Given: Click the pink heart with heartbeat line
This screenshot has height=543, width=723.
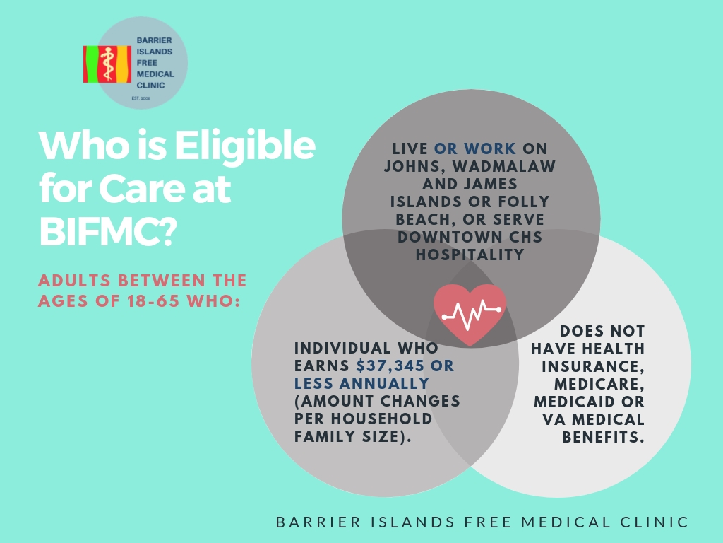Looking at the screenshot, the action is click(x=470, y=315).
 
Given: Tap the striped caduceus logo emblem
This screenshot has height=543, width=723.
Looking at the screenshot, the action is click(x=107, y=64).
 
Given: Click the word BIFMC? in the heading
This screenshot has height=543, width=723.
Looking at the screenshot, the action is click(x=108, y=231).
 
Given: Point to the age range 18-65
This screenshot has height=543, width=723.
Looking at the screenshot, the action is click(x=153, y=300).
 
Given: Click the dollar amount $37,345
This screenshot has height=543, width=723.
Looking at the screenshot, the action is click(x=390, y=366).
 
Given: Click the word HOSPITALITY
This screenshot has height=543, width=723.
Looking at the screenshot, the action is click(x=470, y=255).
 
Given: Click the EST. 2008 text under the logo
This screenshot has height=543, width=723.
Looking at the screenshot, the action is click(x=141, y=98).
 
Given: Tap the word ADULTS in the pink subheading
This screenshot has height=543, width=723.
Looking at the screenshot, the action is click(x=74, y=280).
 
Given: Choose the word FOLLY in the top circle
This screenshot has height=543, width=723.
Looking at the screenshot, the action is click(x=525, y=202).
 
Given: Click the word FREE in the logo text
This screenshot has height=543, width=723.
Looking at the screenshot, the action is click(x=147, y=63).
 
